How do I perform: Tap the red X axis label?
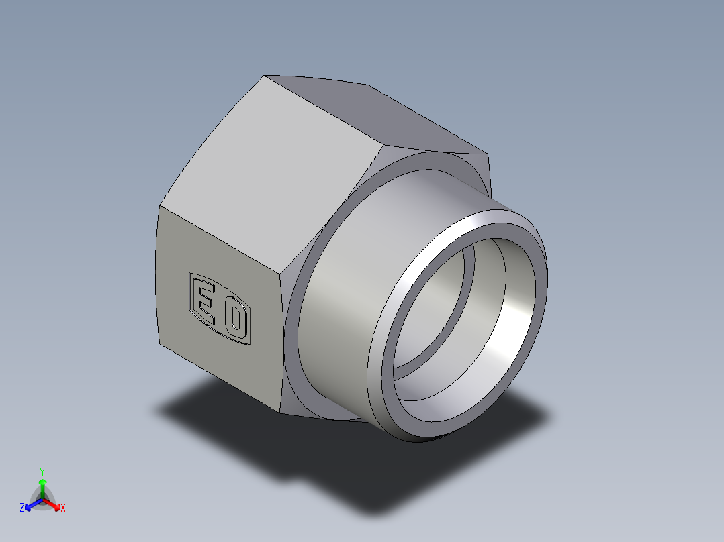(63, 508)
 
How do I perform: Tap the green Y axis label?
(42, 472)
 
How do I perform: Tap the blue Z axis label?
(22, 508)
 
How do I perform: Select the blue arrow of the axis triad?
(30, 505)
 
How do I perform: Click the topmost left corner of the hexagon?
(265, 76)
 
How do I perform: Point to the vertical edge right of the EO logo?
(280, 335)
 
